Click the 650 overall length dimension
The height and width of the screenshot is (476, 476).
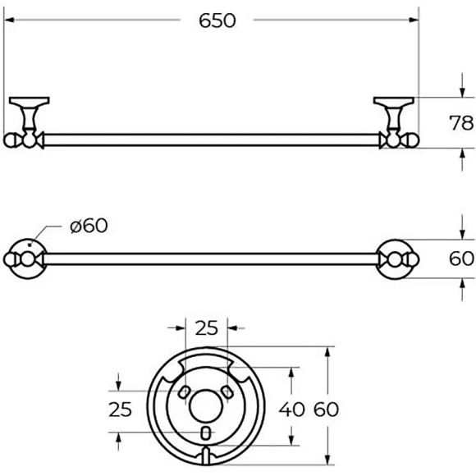217,21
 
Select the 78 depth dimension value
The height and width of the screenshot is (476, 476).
462,123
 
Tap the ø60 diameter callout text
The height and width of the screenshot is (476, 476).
89,226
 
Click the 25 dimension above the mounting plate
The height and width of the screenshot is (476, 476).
207,329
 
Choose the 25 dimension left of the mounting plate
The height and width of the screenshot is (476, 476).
121,410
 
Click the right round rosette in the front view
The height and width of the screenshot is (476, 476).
396,259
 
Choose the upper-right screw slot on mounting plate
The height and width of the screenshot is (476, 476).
231,391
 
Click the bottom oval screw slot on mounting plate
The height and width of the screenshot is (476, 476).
206,433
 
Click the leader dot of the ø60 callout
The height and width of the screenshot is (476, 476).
30,244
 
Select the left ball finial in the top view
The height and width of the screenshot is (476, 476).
11,140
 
